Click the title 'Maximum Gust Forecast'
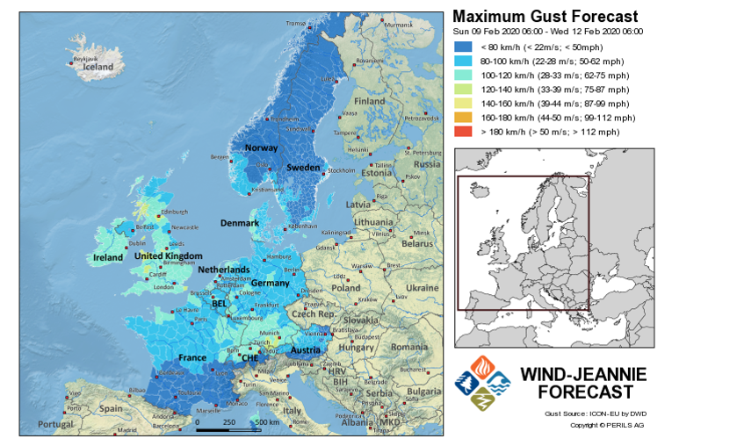tap(545, 16)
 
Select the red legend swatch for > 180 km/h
tap(463, 132)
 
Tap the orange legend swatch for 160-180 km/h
tap(463, 118)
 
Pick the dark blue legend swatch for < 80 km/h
tap(463, 47)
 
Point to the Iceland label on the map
tap(98, 66)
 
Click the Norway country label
tap(261, 147)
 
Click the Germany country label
tap(270, 284)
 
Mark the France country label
tap(192, 358)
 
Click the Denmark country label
tap(239, 223)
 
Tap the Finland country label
tap(370, 101)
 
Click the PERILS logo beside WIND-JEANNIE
tap(481, 383)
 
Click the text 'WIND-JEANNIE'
tap(584, 375)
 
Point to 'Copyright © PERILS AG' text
tap(607, 425)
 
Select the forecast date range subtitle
tap(547, 32)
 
